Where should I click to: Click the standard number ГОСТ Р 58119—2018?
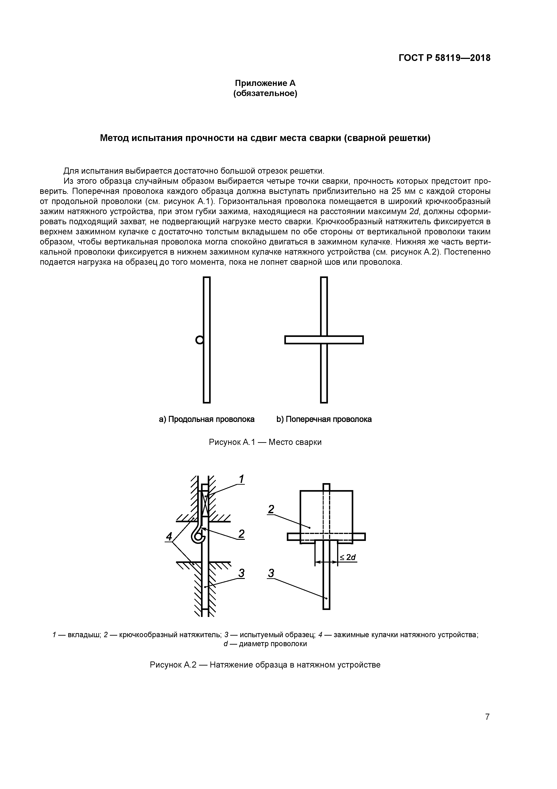click(x=444, y=58)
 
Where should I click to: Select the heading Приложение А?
click(x=265, y=83)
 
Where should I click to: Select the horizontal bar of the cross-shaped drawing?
click(x=324, y=340)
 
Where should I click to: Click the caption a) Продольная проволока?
click(x=207, y=419)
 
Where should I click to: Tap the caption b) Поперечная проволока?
click(x=324, y=419)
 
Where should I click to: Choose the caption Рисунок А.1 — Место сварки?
click(x=265, y=442)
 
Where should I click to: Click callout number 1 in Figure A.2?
click(x=242, y=479)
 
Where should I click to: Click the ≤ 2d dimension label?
click(x=348, y=557)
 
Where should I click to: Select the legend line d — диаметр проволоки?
click(x=265, y=644)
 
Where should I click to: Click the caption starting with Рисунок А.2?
click(x=265, y=665)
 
